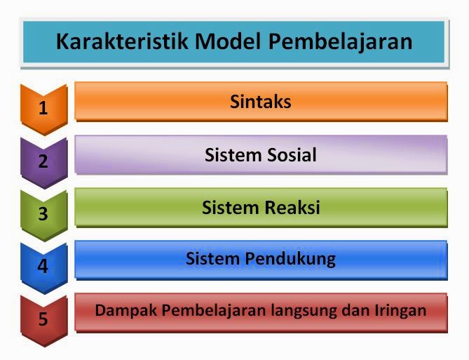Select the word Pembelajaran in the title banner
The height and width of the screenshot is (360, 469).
tap(340, 41)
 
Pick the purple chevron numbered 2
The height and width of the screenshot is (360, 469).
tap(43, 161)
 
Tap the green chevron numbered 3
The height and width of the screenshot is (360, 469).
tap(43, 213)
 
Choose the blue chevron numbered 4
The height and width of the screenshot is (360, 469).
tap(43, 266)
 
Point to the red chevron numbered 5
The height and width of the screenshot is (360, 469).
tap(43, 319)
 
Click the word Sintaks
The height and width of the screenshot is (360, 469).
tap(261, 102)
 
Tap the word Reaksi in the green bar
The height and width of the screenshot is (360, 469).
tap(292, 208)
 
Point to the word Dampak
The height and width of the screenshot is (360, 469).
tap(120, 310)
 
